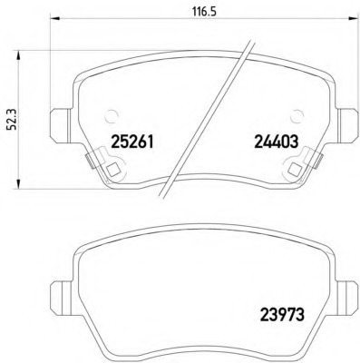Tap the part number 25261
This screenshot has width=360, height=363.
point(132,142)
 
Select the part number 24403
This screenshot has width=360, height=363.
point(277,142)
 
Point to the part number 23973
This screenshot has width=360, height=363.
point(282,315)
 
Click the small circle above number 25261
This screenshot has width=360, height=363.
point(112,115)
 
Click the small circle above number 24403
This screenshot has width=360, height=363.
point(297,115)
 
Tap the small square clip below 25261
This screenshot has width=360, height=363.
point(113,169)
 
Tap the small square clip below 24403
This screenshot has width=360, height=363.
point(294,169)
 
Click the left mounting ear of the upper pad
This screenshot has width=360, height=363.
point(61,126)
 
